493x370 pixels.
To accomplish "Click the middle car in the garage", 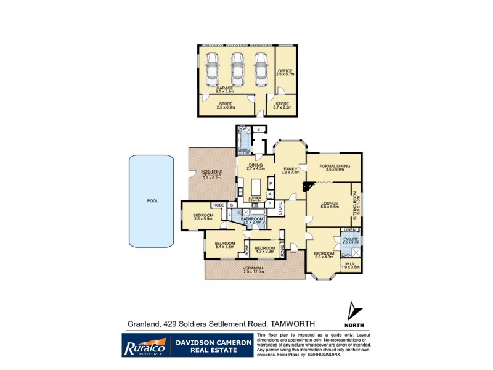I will (x=237, y=69).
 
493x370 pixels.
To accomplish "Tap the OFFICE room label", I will (x=283, y=72).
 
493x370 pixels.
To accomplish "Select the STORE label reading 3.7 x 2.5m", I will (x=282, y=105).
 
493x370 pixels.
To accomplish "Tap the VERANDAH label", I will (x=252, y=269).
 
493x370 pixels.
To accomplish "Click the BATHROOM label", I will (x=252, y=220).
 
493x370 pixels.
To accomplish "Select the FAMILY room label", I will (x=290, y=170).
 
